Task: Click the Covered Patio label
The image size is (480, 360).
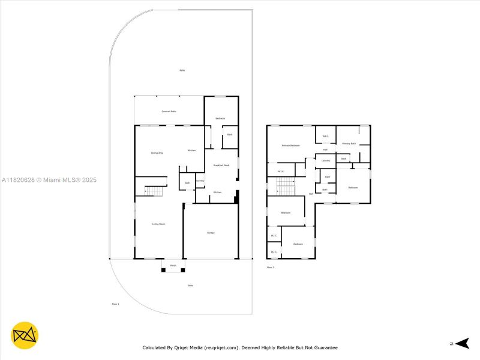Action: point(169,112)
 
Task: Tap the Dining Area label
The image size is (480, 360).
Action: point(157,153)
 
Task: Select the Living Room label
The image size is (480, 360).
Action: point(158,224)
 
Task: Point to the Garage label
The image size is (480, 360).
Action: point(211,233)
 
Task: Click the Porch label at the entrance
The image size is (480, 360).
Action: point(173,265)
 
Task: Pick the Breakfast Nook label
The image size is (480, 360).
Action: point(221,165)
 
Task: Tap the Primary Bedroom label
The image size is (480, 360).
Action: point(291,146)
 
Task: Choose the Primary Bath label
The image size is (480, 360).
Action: point(349,143)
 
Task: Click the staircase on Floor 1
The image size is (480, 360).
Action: point(155,191)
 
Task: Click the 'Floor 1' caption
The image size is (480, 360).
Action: point(116,304)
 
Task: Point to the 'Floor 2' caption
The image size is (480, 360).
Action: point(271,267)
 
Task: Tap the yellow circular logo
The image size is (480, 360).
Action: point(25,336)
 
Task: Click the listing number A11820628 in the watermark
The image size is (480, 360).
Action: point(18,180)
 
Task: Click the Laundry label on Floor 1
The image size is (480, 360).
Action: point(200,181)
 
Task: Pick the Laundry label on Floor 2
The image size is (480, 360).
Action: point(326,161)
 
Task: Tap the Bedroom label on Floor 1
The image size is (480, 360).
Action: point(220,118)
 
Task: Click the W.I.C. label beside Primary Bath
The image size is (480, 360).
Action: point(325,136)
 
